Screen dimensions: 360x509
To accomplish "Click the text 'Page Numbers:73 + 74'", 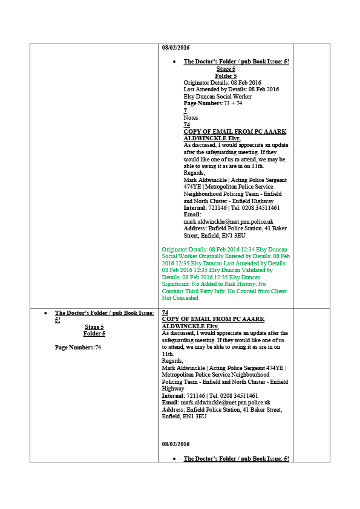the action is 213,103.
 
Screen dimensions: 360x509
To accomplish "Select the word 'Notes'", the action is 191,117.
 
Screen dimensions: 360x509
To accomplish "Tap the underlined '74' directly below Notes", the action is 187,125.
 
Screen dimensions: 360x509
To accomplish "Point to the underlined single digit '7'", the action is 185,111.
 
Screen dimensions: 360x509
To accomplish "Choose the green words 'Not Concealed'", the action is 180,297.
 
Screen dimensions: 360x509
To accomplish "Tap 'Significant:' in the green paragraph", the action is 176,284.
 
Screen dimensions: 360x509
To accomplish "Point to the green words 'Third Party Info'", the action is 205,291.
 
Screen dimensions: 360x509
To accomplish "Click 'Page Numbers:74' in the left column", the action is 78,348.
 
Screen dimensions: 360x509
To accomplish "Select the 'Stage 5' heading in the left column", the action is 94,327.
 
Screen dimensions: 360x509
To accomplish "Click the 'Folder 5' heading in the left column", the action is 94,334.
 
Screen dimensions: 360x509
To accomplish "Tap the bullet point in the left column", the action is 46,313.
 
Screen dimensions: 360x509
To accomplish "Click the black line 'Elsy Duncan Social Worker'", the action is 217,96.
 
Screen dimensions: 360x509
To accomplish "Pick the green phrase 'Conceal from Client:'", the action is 262,291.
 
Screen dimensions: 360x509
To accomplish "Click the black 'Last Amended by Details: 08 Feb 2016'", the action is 231,89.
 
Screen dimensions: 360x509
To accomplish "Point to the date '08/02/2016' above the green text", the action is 176,47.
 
